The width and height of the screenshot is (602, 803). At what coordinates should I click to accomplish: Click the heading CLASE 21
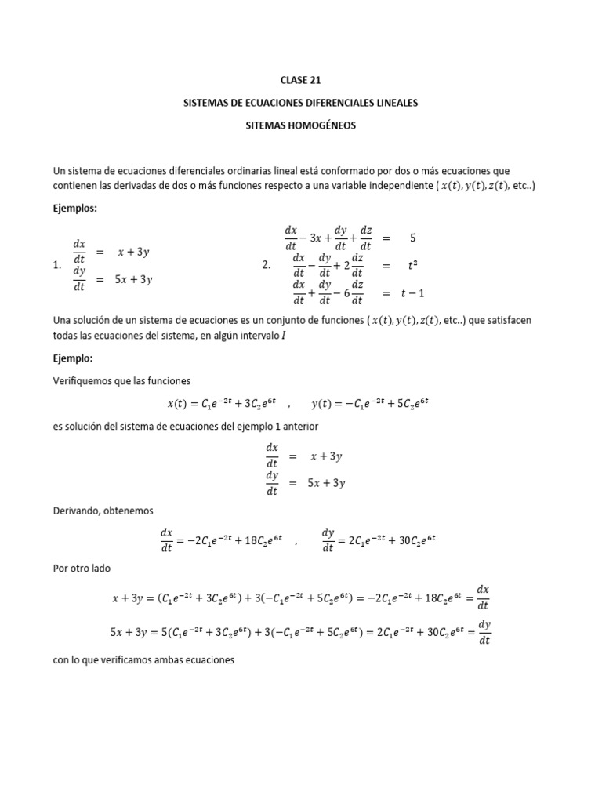tap(300, 80)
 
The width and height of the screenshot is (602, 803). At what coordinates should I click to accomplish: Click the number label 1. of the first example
tap(57, 266)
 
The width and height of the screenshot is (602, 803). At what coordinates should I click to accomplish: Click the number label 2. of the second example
tap(266, 266)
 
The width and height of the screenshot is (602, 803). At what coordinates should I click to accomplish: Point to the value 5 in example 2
tap(412, 237)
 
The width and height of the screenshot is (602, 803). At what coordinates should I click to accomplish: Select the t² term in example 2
tap(412, 266)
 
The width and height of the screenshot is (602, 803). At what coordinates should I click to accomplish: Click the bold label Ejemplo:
tap(72, 358)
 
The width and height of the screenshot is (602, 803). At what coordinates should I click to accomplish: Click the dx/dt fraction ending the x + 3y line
tap(483, 598)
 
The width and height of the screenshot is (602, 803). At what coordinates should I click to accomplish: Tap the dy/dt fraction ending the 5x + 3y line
tap(484, 632)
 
